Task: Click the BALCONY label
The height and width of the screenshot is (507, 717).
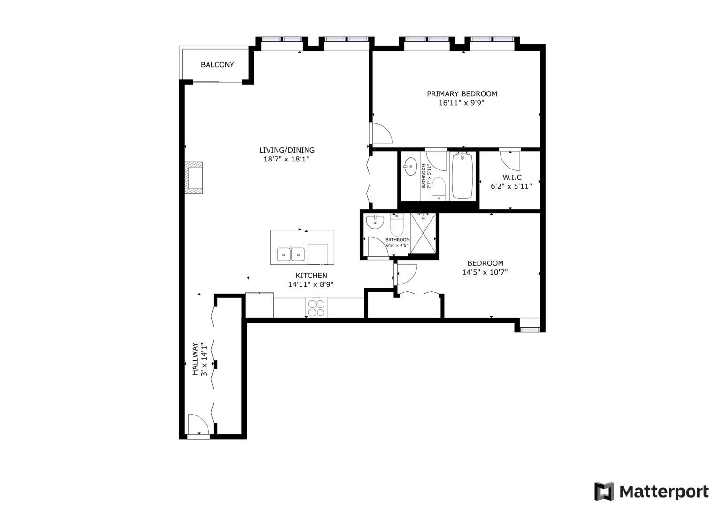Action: point(217,65)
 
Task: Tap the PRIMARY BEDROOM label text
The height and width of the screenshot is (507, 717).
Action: point(462,94)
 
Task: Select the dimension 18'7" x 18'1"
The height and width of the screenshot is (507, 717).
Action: point(286,159)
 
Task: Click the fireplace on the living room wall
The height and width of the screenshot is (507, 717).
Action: point(193,178)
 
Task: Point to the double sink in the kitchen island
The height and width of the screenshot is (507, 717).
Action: point(291,254)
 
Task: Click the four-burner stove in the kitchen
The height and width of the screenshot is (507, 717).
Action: point(316,308)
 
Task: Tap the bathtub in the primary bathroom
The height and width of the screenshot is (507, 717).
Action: point(462,176)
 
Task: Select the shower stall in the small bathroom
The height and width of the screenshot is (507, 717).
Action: point(423,233)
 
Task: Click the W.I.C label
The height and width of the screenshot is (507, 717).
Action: point(512,177)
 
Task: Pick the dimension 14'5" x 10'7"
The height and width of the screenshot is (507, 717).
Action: point(485,272)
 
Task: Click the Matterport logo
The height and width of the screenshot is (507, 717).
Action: point(651,492)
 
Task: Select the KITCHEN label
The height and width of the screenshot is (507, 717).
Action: point(311,276)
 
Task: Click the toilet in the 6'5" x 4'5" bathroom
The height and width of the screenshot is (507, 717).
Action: point(397,226)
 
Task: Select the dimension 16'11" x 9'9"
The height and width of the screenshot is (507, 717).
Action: point(461,103)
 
